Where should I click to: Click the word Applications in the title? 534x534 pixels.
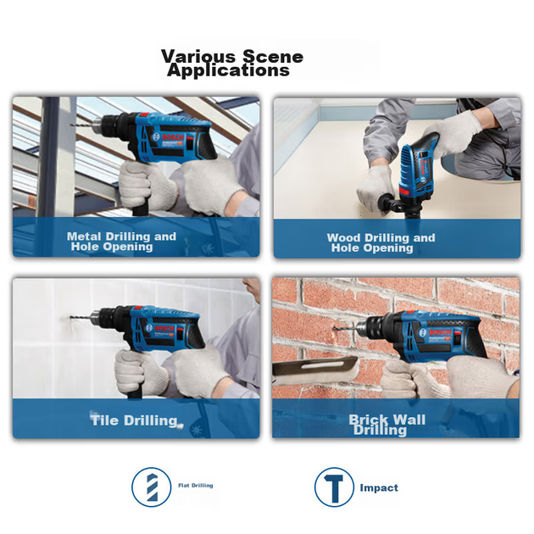(x=228, y=71)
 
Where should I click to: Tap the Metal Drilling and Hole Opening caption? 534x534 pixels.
(x=121, y=241)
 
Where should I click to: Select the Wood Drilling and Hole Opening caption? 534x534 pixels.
(x=381, y=242)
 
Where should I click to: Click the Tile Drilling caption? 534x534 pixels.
(x=134, y=420)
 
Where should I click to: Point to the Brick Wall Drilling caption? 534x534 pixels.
(x=387, y=425)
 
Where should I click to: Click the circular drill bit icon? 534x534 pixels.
(x=152, y=487)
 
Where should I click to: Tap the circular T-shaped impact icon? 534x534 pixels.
(x=334, y=487)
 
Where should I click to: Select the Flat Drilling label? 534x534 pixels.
(x=196, y=486)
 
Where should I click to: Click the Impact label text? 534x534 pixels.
(x=379, y=487)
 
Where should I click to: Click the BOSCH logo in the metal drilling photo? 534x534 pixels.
(x=173, y=137)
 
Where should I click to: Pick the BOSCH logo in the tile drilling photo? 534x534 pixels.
(x=164, y=328)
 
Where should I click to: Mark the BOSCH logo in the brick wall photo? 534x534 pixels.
(x=440, y=332)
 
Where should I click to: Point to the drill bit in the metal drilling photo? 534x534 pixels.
(x=81, y=125)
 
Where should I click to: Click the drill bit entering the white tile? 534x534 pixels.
(x=81, y=318)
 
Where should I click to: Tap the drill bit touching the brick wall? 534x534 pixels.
(x=345, y=328)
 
